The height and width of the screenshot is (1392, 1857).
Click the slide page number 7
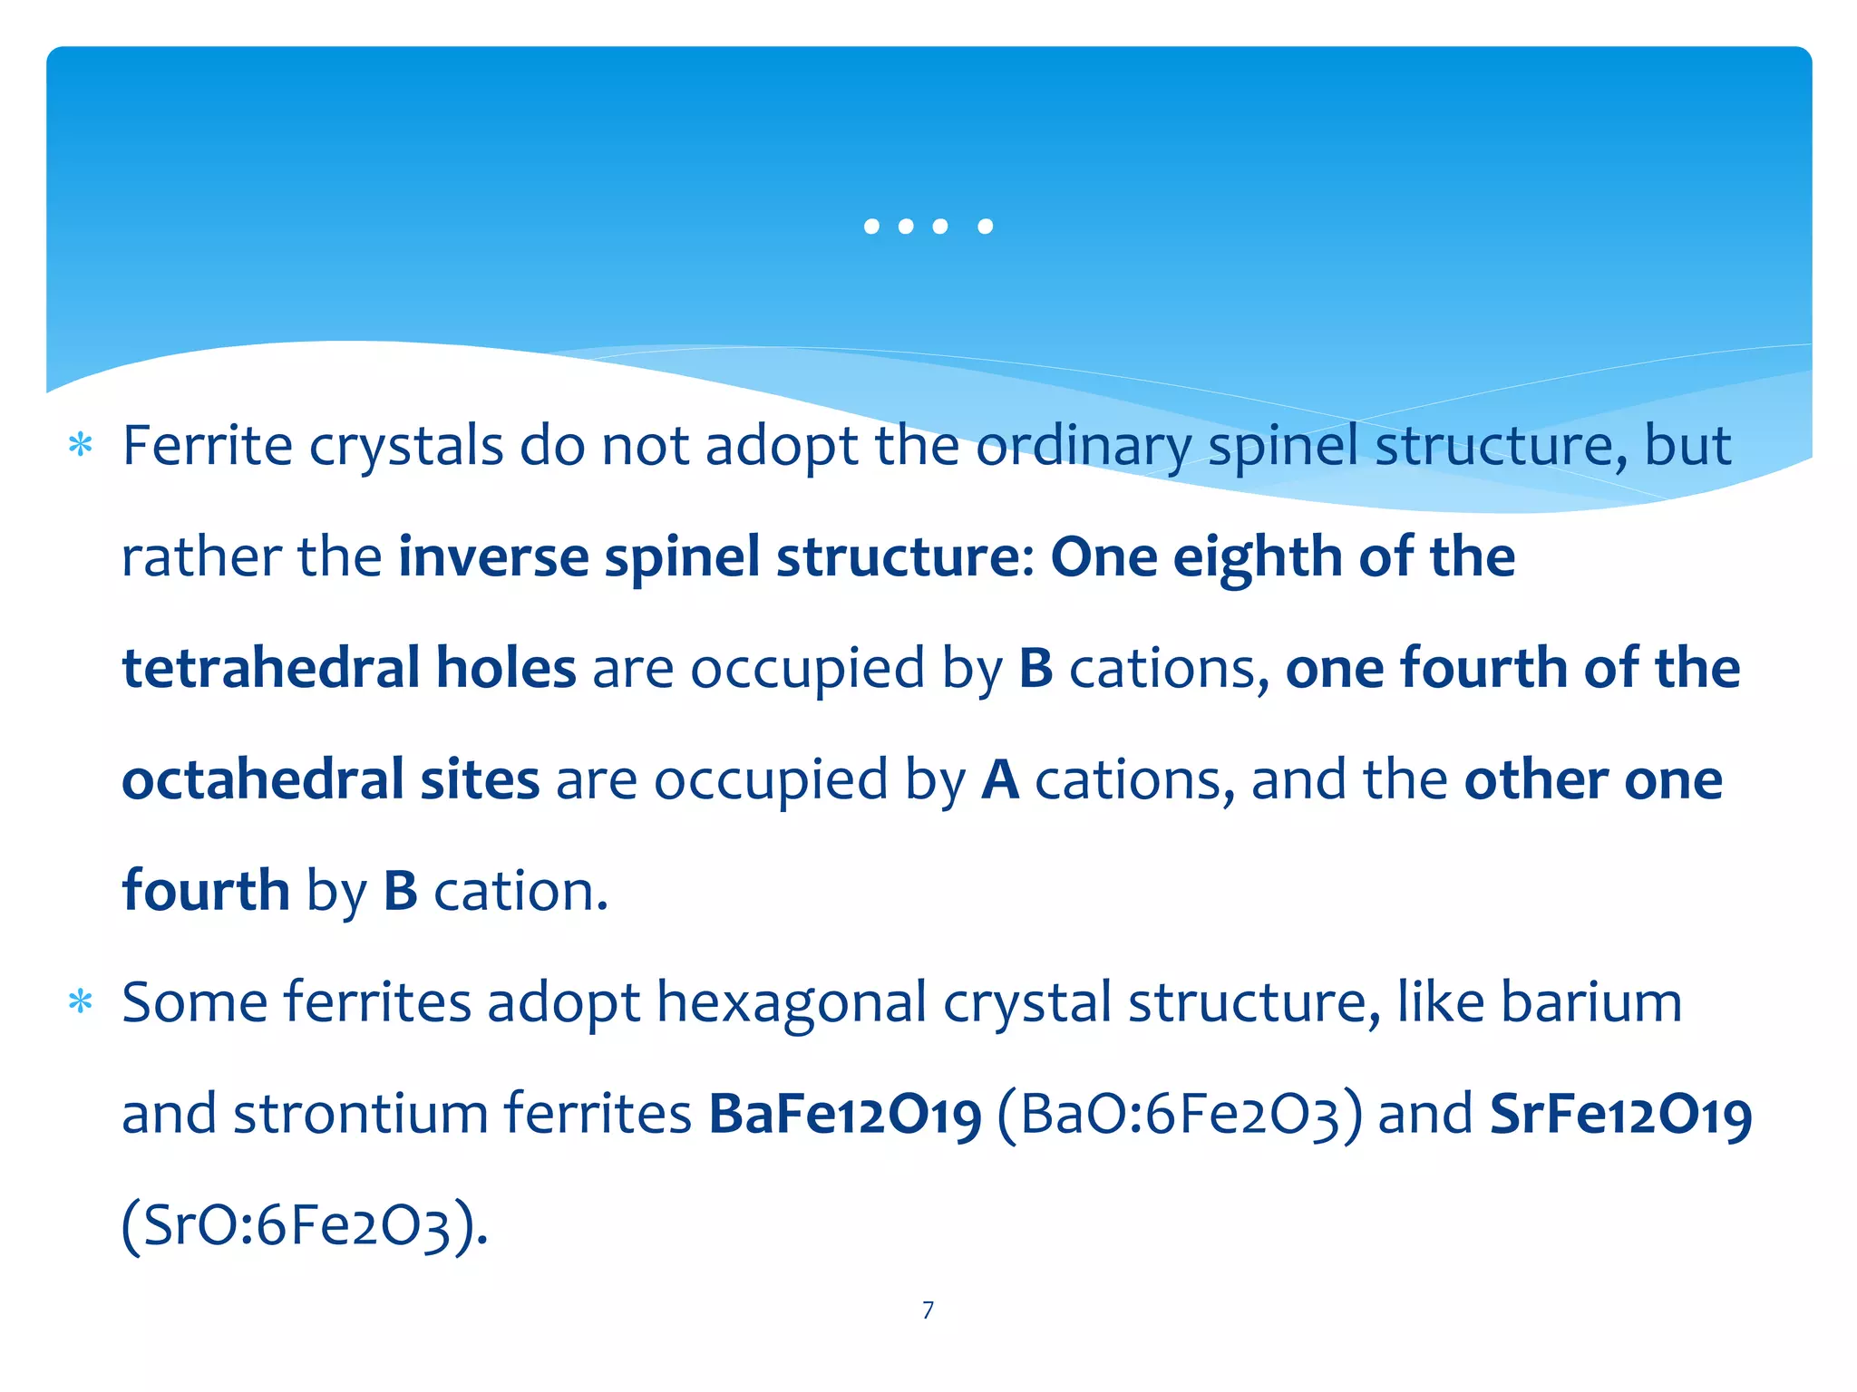tap(928, 1310)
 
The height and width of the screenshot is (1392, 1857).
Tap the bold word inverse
tap(493, 556)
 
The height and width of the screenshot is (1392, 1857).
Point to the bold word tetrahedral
tap(270, 668)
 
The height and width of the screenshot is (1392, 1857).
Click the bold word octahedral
tap(261, 779)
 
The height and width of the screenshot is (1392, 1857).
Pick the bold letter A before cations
tap(999, 779)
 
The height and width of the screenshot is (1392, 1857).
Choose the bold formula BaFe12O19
tap(844, 1114)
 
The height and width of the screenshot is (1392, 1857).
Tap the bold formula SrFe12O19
tap(1620, 1114)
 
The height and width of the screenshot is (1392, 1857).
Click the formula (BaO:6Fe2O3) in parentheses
tap(1179, 1114)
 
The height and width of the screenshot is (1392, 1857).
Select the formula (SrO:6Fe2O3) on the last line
tap(305, 1225)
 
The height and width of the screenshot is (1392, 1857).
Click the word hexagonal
tap(791, 1002)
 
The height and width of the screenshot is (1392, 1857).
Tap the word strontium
tap(360, 1114)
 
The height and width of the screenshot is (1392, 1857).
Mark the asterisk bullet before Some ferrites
tap(82, 1002)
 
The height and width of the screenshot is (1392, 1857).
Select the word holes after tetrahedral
tap(506, 668)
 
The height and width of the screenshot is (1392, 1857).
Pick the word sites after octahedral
tap(480, 779)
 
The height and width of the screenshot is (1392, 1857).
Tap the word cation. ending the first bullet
tap(520, 891)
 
